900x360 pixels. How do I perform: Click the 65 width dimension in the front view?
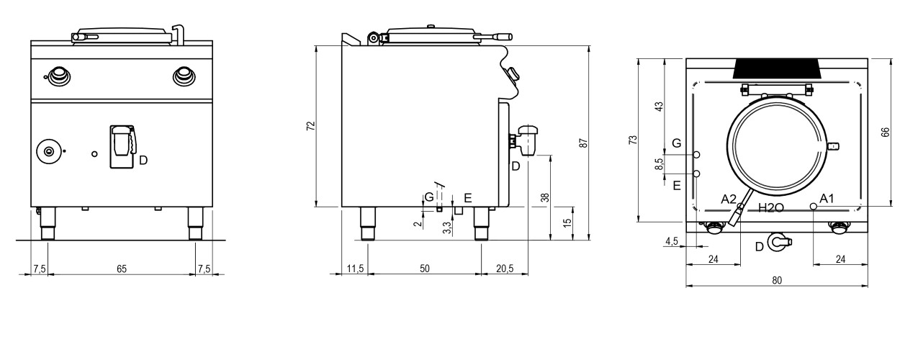[122, 269]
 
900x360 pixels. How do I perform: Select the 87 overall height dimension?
[584, 143]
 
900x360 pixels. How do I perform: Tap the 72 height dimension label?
[310, 126]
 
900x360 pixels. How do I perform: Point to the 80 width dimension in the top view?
[777, 280]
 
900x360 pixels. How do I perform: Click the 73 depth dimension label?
[633, 140]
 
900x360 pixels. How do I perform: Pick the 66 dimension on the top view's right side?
[885, 132]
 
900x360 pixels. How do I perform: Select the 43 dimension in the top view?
[659, 107]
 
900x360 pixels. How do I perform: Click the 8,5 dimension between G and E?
[659, 164]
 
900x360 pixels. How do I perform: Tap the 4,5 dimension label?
[671, 241]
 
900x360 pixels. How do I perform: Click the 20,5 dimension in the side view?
[505, 269]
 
